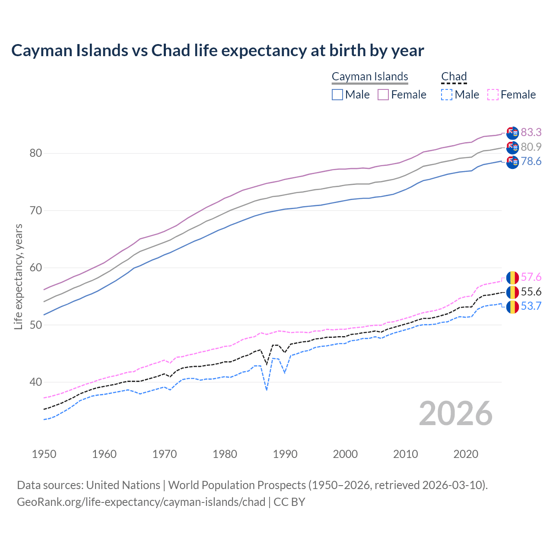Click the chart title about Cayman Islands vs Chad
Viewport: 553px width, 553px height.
click(x=217, y=51)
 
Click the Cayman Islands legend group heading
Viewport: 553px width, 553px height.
click(x=370, y=76)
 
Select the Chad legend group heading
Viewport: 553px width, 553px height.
click(x=454, y=76)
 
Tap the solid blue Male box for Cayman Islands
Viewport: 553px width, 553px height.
click(x=337, y=95)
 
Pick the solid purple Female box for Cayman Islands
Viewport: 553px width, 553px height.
click(x=384, y=95)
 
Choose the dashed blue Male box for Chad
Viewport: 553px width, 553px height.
click(x=447, y=95)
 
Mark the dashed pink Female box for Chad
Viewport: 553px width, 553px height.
click(x=493, y=95)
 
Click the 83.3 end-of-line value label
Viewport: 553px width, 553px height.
click(x=531, y=132)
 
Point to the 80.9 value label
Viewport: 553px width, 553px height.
click(x=531, y=147)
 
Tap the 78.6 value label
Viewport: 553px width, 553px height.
click(x=531, y=162)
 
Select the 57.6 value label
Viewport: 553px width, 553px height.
click(x=531, y=277)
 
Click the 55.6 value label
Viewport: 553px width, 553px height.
click(x=531, y=292)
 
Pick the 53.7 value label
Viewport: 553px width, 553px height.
click(x=531, y=306)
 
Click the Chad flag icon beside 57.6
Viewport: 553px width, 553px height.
click(x=512, y=277)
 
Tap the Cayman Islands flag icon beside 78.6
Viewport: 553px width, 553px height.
click(x=512, y=162)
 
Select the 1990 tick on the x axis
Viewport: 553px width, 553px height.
click(x=285, y=454)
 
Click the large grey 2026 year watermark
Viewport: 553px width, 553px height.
click(x=456, y=413)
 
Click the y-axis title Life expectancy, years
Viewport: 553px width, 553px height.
click(x=18, y=276)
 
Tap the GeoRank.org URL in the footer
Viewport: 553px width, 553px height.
click(x=141, y=502)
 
